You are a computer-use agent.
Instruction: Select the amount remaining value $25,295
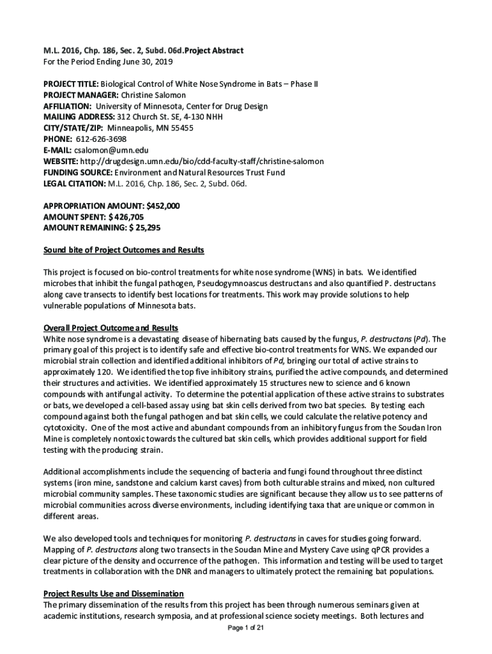click(144, 227)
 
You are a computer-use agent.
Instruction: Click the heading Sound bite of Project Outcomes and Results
click(123, 250)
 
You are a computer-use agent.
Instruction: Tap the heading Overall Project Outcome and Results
click(111, 328)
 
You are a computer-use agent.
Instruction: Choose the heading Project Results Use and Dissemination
click(113, 594)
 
